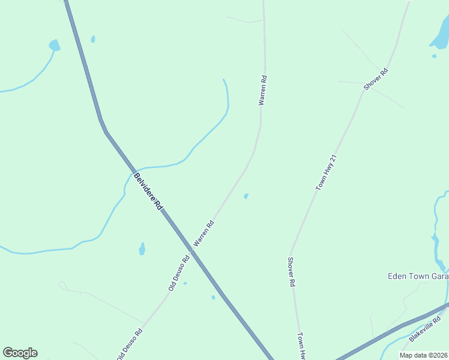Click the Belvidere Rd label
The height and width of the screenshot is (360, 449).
click(148, 191)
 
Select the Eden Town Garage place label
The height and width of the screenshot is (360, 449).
click(418, 276)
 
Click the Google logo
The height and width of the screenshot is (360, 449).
click(20, 353)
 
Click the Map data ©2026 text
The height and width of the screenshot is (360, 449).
click(423, 355)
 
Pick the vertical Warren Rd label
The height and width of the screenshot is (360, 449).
click(262, 90)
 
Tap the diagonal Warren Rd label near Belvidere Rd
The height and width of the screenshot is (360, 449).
click(204, 234)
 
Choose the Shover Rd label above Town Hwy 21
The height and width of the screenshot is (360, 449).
click(376, 79)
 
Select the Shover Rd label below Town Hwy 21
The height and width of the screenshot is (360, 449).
click(291, 271)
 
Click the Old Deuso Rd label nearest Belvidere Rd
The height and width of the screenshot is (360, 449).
click(179, 273)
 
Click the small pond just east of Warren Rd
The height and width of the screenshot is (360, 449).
click(246, 196)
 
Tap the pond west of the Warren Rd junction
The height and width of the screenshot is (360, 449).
click(142, 248)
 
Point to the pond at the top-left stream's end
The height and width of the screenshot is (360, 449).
click(55, 45)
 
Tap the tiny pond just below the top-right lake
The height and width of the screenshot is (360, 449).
click(434, 56)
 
